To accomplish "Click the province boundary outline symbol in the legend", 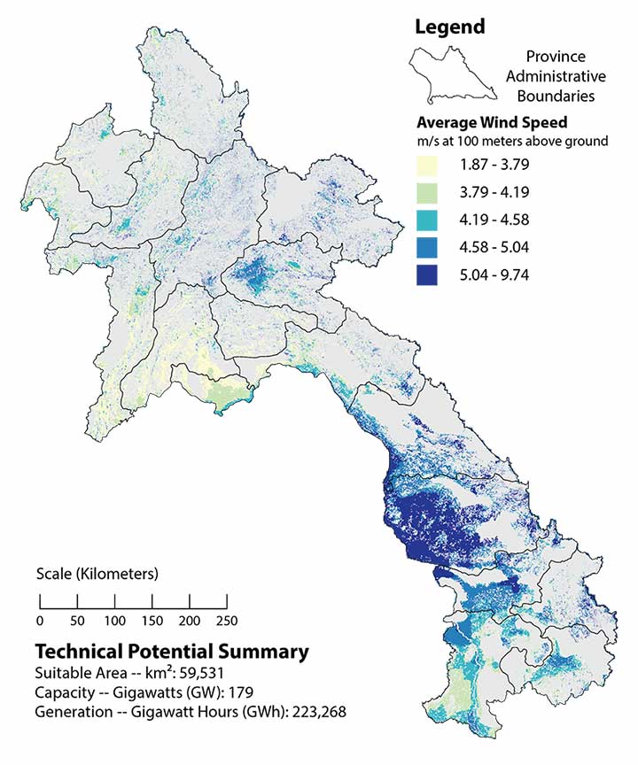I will tap(451, 74).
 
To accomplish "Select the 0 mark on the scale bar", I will tap(40, 618).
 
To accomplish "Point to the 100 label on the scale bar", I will tap(114, 618).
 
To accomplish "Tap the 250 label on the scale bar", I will tap(226, 618).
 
